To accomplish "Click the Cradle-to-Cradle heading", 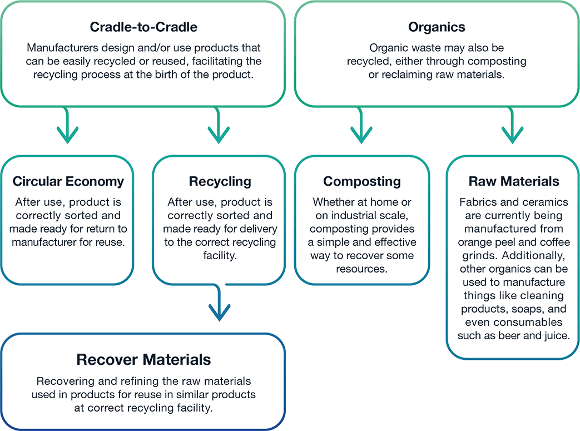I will [x=143, y=27].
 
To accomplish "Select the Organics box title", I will [x=437, y=27].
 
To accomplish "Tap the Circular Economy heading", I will [x=68, y=181].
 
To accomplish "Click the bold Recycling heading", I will [x=220, y=181].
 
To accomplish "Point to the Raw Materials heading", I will [x=513, y=181].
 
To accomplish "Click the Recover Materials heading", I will [x=143, y=359].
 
